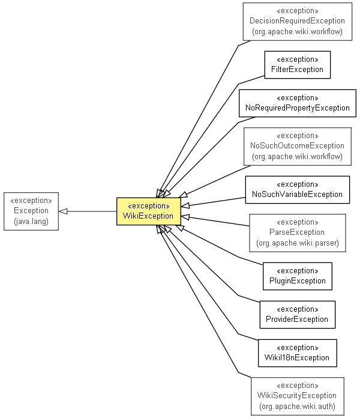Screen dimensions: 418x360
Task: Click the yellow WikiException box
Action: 148,211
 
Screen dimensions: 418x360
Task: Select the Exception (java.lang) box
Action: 31,211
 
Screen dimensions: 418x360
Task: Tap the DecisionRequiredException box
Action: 297,22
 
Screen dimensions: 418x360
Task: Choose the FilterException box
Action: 298,65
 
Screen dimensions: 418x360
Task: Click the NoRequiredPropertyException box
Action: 298,103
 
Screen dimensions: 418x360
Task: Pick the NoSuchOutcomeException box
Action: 297,146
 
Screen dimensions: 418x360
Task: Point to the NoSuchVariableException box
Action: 298,189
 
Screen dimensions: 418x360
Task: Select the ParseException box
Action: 297,232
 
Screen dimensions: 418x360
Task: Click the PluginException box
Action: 298,276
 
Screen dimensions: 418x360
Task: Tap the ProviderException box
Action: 298,314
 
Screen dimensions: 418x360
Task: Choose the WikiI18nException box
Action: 298,353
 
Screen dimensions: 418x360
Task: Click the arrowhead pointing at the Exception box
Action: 62,211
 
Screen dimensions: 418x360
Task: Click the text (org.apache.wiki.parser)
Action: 297,243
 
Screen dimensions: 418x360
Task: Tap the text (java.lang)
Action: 31,222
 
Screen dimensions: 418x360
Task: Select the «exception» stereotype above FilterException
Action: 298,59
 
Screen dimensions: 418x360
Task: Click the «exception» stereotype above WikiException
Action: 148,205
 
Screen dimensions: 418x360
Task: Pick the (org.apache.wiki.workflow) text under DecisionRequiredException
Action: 297,32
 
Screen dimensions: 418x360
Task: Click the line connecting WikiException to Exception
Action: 90,211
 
